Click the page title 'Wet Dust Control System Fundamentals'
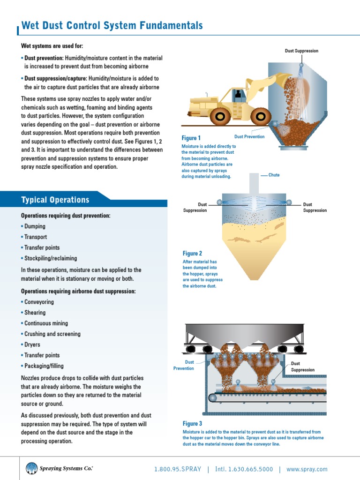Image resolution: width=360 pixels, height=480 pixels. [x=112, y=25]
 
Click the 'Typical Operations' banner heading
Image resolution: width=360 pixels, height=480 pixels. [x=55, y=200]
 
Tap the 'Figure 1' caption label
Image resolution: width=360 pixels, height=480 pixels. [x=191, y=138]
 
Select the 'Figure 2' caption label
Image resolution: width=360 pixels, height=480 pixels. [x=192, y=254]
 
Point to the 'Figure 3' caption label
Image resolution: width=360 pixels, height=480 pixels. [x=192, y=424]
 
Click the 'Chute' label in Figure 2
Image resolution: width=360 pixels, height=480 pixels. [x=274, y=175]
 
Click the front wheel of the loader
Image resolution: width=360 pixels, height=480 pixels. [x=261, y=116]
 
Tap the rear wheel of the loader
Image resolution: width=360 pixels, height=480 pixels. [x=220, y=116]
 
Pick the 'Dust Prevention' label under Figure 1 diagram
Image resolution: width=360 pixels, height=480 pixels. [x=249, y=137]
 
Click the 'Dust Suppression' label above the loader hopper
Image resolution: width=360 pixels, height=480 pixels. [x=301, y=51]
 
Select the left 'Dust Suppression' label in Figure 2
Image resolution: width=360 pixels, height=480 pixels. [x=195, y=207]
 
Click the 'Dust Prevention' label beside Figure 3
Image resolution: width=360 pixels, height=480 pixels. [x=184, y=365]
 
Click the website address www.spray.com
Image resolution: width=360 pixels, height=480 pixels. [x=307, y=469]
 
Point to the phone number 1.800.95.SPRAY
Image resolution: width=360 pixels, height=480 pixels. [x=178, y=469]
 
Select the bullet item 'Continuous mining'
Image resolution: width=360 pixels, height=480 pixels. [x=46, y=323]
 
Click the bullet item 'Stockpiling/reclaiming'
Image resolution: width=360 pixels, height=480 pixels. [x=51, y=258]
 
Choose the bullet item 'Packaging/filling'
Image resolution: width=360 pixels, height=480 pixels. [x=44, y=366]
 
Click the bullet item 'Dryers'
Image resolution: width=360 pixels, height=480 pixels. [x=32, y=345]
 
